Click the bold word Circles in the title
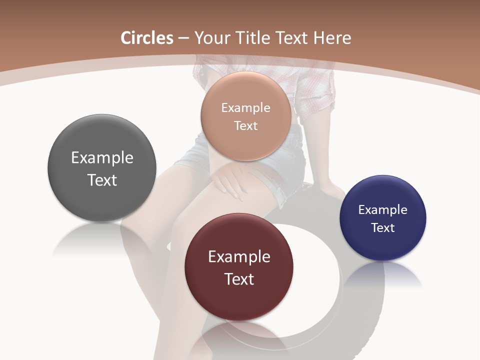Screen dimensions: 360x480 pyautogui.click(x=146, y=38)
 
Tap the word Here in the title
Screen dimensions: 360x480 pyautogui.click(x=332, y=38)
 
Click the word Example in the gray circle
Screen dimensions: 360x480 pyautogui.click(x=102, y=157)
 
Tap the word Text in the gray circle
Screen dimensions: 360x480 pyautogui.click(x=102, y=180)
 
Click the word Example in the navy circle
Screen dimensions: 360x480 pyautogui.click(x=383, y=210)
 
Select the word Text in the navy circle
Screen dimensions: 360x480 pyautogui.click(x=383, y=228)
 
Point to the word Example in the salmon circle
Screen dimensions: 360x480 pyautogui.click(x=245, y=108)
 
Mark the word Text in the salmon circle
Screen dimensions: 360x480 pyautogui.click(x=245, y=126)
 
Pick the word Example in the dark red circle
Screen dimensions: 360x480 pyautogui.click(x=239, y=257)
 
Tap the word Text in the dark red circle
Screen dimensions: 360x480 pyautogui.click(x=239, y=279)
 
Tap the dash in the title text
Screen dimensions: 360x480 pyautogui.click(x=183, y=38)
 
